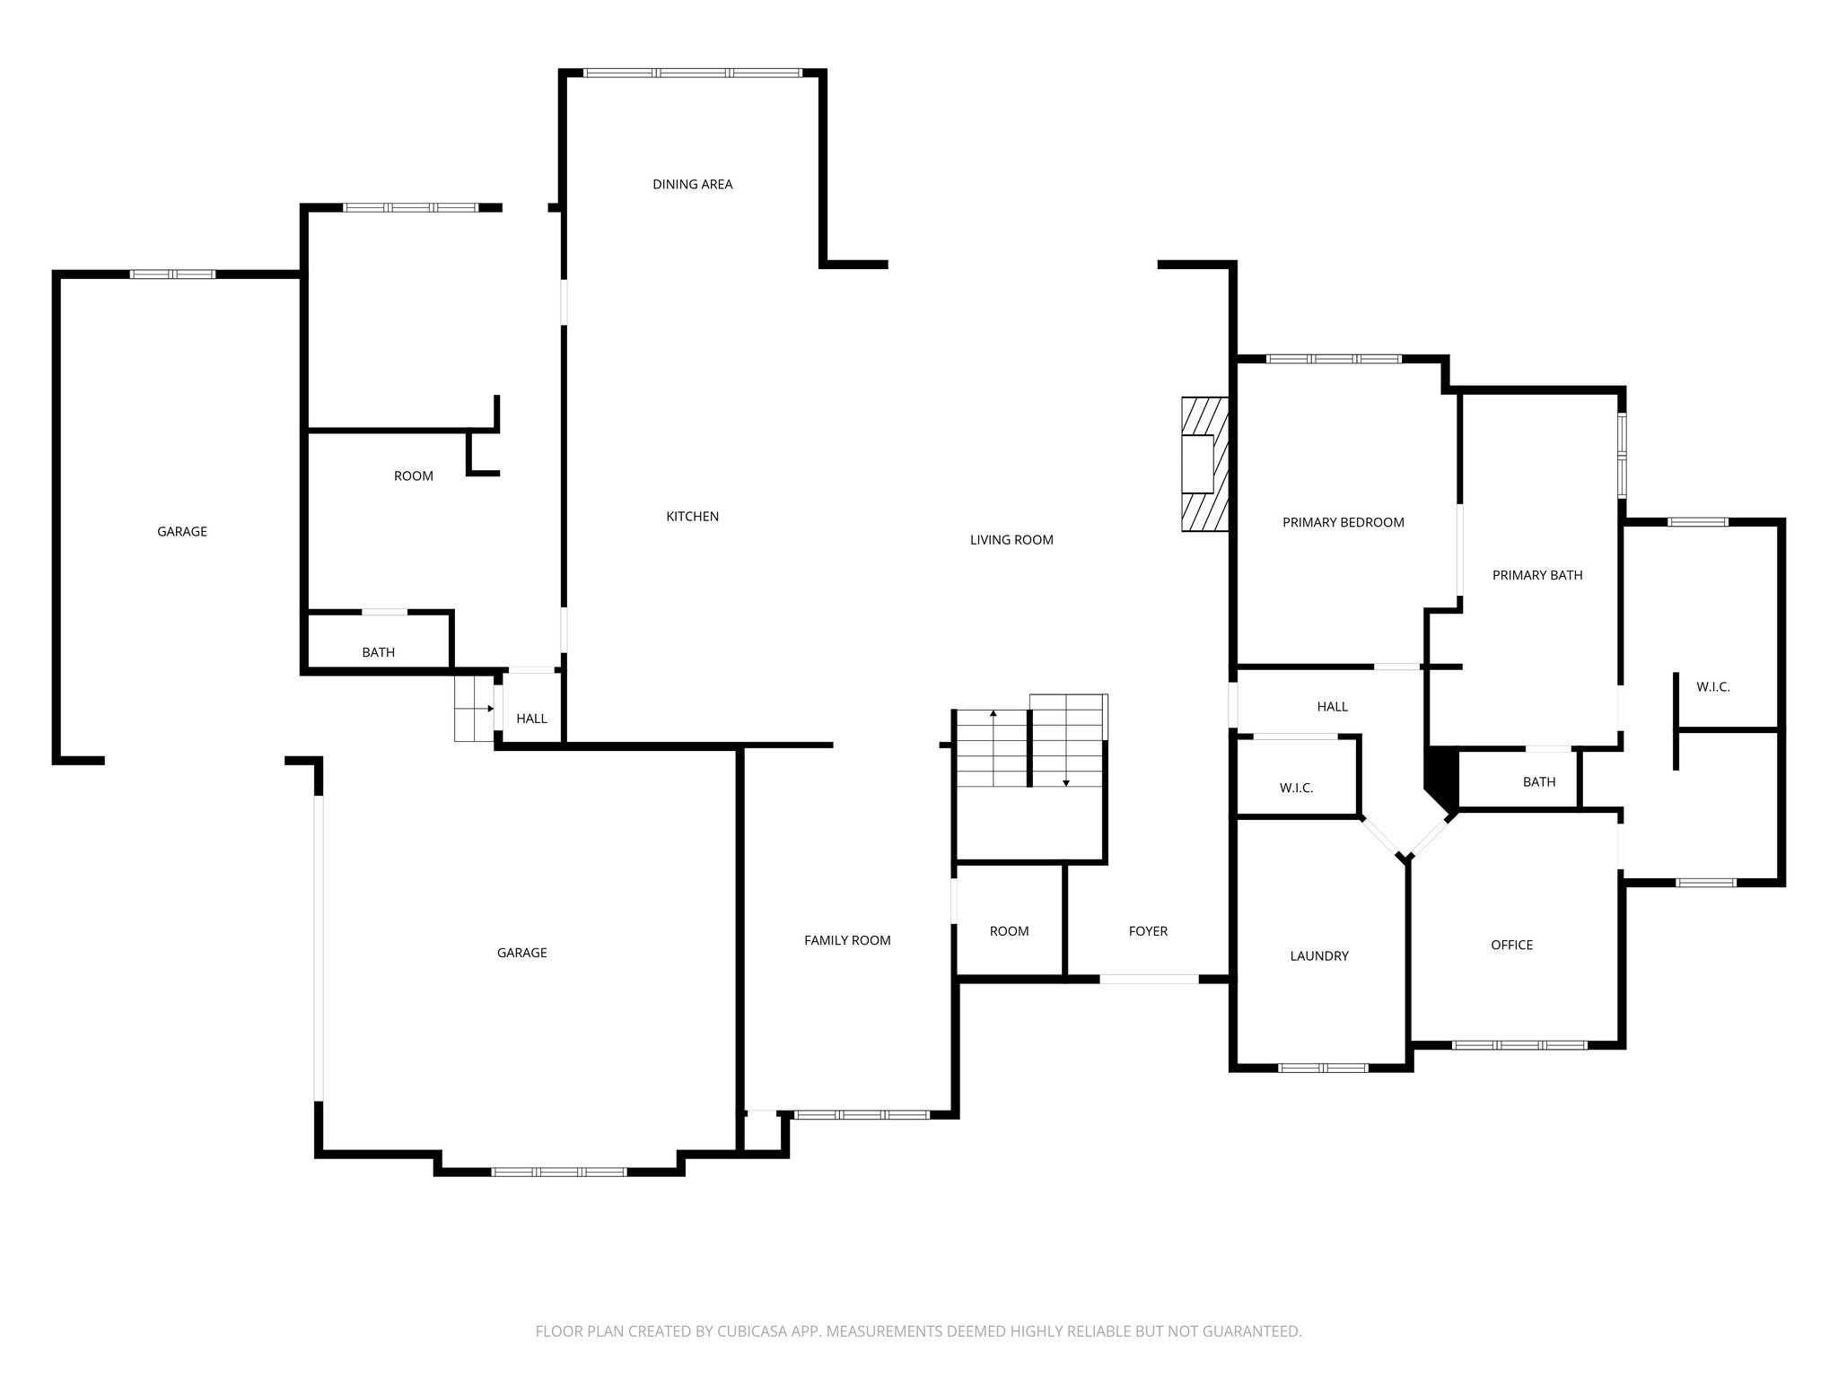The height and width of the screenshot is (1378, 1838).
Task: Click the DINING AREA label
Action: pos(692,185)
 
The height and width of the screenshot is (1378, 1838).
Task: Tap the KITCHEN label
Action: pos(692,517)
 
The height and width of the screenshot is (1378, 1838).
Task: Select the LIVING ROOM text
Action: pos(1011,540)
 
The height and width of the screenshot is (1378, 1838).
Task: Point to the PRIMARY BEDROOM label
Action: pos(1343,523)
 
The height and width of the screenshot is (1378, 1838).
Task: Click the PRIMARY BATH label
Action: pos(1536,576)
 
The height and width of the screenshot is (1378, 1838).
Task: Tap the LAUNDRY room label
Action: pos(1318,956)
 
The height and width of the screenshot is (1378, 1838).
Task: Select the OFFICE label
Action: pos(1511,946)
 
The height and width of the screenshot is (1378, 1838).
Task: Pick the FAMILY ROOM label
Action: pos(846,941)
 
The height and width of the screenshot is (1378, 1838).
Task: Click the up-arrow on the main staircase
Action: pos(993,715)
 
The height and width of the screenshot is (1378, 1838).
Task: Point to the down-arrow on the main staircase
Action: pos(1065,781)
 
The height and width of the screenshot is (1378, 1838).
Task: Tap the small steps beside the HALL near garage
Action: pos(473,709)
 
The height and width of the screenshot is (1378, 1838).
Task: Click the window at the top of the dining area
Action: pos(691,73)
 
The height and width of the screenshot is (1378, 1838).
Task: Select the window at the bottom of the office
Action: pos(1519,1045)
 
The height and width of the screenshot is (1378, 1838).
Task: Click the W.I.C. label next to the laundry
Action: pos(1296,789)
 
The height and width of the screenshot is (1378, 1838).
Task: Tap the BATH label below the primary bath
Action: pos(1538,782)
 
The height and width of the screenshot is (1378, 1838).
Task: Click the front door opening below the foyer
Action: pos(1149,979)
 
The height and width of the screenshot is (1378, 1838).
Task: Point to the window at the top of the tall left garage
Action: pos(172,275)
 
